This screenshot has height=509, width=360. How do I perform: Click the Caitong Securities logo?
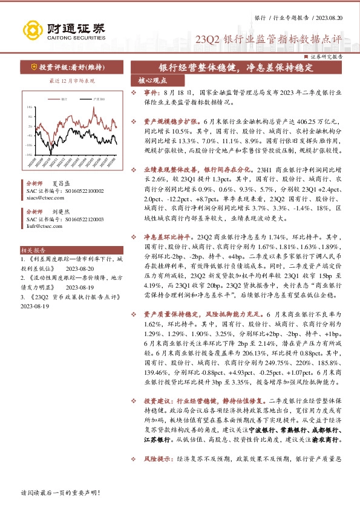[64, 28]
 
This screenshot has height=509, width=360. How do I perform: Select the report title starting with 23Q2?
[269, 40]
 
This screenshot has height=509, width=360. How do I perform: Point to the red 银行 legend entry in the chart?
[63, 98]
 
